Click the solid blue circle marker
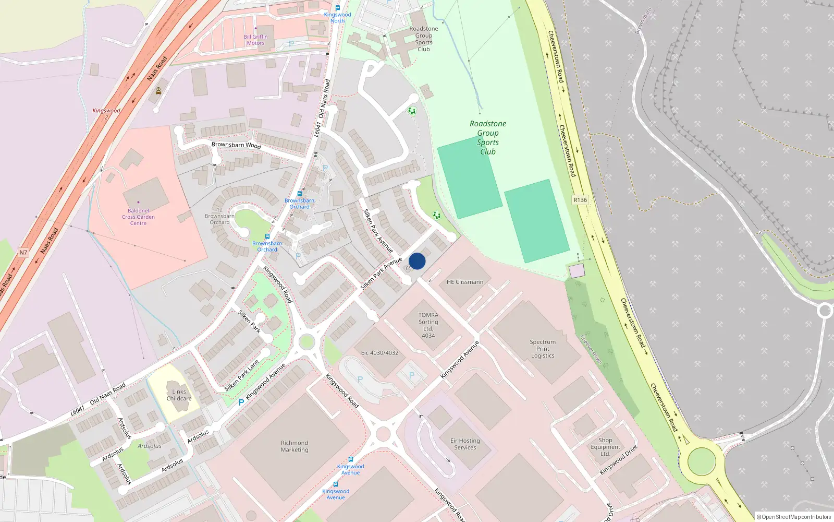tap(417, 261)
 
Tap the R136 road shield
tap(580, 200)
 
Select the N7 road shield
tap(23, 253)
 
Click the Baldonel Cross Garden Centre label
tap(138, 217)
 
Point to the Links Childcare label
tap(179, 395)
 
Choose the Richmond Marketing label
tap(295, 446)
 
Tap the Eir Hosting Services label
tap(465, 444)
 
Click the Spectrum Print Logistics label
tap(543, 349)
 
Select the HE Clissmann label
tap(464, 282)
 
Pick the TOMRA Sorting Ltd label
tap(428, 325)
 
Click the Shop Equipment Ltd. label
tap(605, 447)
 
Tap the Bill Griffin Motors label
tap(255, 40)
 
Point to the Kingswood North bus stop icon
tap(338, 8)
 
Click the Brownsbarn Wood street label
tap(236, 145)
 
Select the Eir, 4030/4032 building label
tap(379, 353)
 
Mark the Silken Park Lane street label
tap(241, 375)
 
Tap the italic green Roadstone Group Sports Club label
tap(488, 137)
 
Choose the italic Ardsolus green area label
tap(150, 446)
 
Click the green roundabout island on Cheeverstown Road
tap(701, 461)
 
